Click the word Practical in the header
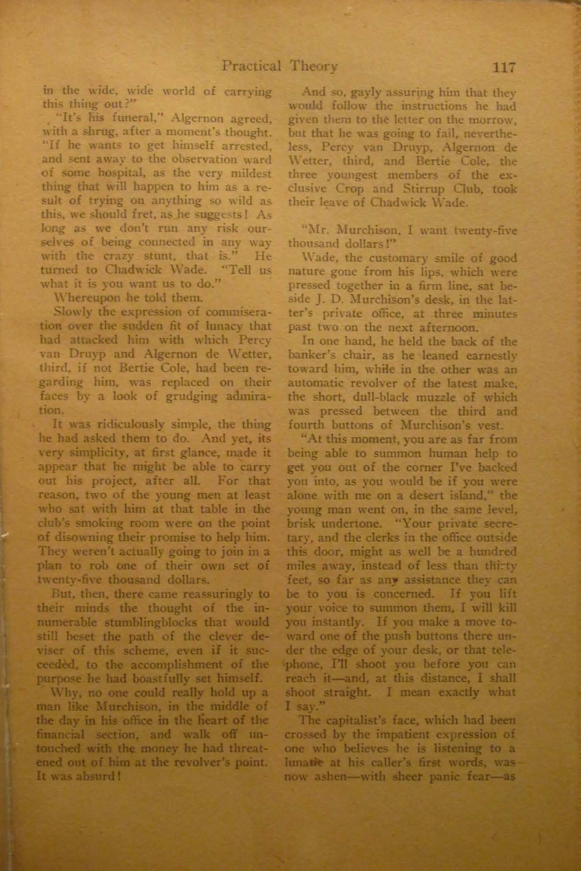252,67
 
